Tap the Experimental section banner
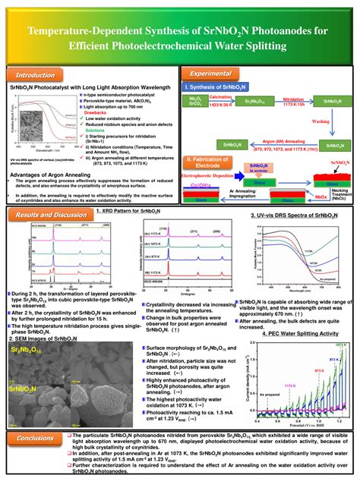[x=216, y=74]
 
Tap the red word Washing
[x=321, y=121]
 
